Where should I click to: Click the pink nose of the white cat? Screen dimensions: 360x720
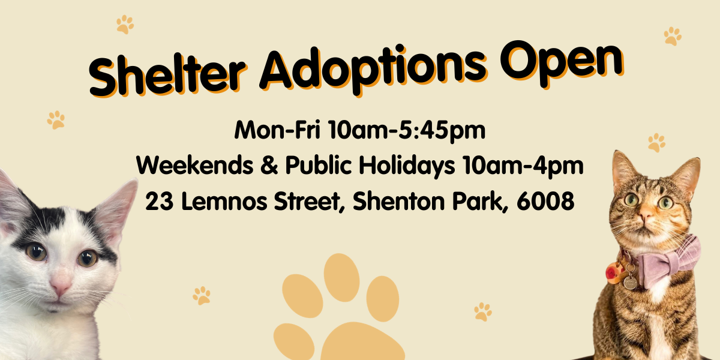pos(61,287)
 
